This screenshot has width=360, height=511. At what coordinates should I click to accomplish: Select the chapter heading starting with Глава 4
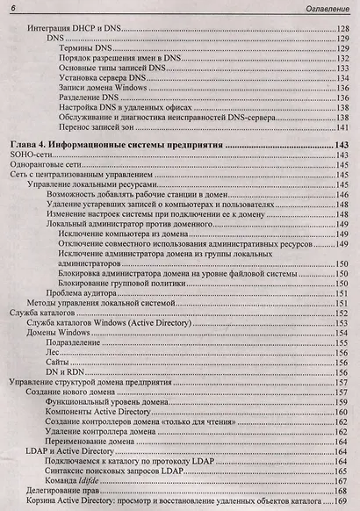point(115,143)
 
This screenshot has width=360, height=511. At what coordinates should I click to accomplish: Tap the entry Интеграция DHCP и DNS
point(74,29)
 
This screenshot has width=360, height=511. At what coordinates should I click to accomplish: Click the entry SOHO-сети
point(30,155)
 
